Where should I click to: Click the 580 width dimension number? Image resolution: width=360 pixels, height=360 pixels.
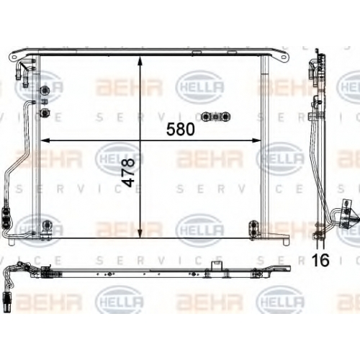181,129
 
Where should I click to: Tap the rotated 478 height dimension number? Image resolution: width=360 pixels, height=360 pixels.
128,172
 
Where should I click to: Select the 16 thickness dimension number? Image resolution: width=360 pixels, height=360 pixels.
320,260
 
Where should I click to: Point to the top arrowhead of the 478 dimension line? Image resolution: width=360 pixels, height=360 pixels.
140,61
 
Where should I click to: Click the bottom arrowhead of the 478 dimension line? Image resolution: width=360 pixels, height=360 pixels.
140,234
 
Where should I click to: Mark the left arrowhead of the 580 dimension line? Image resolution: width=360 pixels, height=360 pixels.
45,140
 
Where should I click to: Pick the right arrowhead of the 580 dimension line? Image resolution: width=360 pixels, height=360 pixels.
256,140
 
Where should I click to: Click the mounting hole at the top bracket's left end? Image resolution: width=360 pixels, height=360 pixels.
14,58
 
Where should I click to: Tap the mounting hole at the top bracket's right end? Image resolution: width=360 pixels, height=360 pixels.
284,58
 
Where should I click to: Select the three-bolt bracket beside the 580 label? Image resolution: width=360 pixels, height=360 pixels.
216,117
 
